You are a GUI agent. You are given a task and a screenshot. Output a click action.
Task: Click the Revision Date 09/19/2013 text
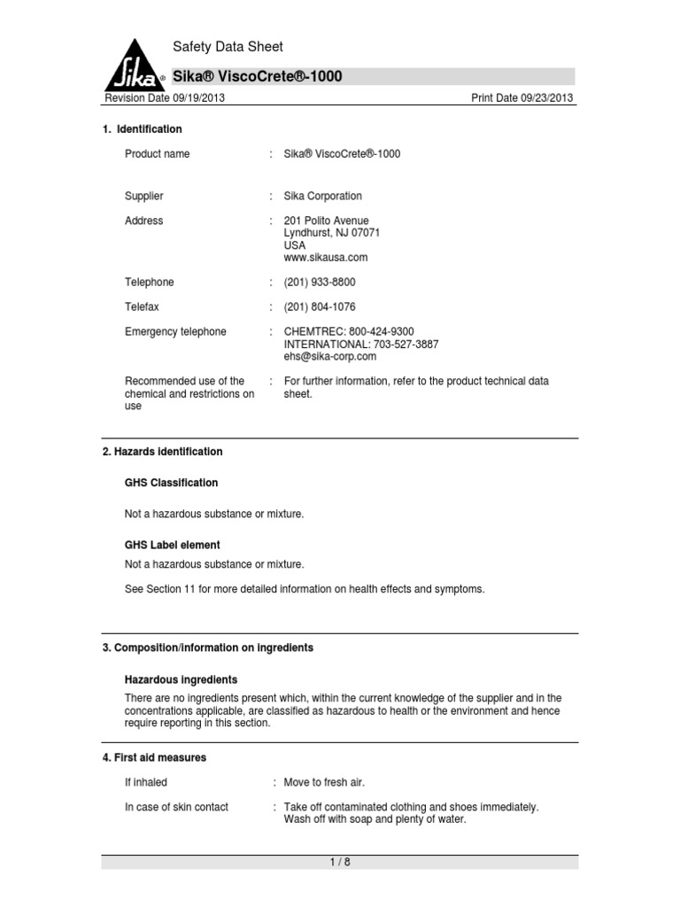click(164, 97)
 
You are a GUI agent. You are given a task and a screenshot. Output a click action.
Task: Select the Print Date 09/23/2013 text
click(522, 97)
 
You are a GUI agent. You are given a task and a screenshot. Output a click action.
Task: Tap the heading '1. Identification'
click(143, 129)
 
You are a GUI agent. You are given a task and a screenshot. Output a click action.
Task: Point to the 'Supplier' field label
click(144, 196)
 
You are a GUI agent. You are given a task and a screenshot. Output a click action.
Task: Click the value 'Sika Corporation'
click(322, 196)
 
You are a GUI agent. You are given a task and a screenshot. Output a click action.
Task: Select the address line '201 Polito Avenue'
click(326, 221)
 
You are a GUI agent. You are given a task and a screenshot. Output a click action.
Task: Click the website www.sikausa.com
click(325, 258)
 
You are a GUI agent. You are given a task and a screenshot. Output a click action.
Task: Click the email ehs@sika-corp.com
click(329, 357)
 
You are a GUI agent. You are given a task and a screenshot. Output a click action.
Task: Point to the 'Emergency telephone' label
click(175, 332)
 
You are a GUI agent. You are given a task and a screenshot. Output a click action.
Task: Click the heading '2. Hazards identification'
click(163, 452)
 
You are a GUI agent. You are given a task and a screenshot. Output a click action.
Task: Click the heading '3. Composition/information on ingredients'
click(208, 647)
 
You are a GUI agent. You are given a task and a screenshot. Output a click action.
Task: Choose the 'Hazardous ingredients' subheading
click(181, 679)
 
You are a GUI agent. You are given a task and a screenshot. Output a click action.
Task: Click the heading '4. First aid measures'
click(155, 758)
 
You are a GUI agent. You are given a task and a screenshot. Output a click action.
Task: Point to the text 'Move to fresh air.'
click(324, 783)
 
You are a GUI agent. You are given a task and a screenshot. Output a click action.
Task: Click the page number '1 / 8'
click(340, 862)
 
